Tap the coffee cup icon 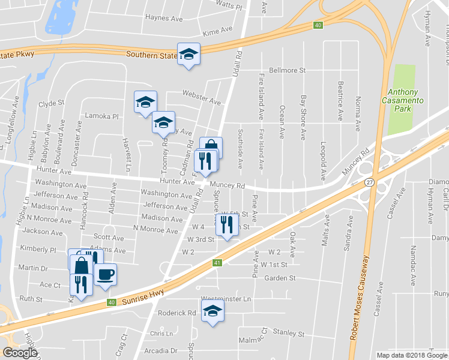tap(106, 275)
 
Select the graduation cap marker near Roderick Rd tap(212, 311)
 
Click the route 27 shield tap(370, 182)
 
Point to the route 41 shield tap(217, 263)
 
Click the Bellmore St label tap(288, 70)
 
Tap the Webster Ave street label tap(202, 97)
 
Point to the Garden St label tap(280, 278)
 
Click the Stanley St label tap(289, 333)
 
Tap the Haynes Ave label tap(163, 19)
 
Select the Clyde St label tap(51, 103)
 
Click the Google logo tap(20, 353)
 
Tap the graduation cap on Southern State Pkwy tap(188, 55)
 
